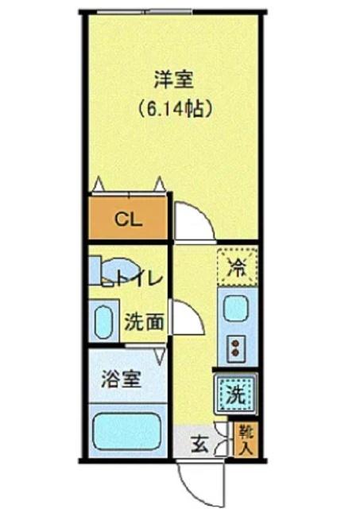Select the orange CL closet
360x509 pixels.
tap(128, 219)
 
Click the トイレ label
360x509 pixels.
tap(140, 278)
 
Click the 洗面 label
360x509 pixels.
tap(145, 322)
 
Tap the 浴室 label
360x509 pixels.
tap(121, 379)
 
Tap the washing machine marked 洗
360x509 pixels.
tap(235, 392)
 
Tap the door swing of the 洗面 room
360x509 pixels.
tap(189, 318)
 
